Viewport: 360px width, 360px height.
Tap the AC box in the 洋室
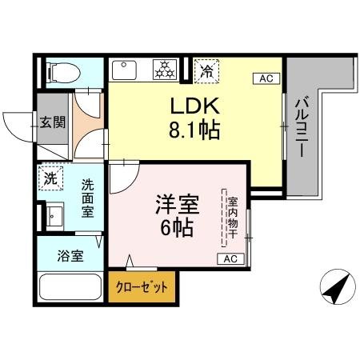(x=230, y=259)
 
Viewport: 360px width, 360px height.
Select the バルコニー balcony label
(x=302, y=128)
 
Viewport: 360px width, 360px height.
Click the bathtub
(x=69, y=288)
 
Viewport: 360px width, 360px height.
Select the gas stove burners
(x=165, y=70)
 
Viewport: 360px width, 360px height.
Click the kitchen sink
(x=124, y=70)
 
